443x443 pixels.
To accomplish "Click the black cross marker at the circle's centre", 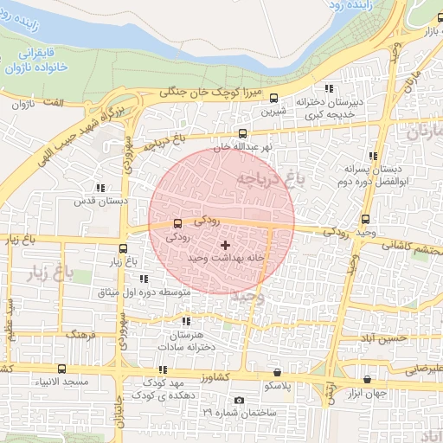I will coord(226,246).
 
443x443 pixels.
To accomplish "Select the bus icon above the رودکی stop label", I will coord(177,222).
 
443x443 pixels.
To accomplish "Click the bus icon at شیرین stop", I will coord(274,99).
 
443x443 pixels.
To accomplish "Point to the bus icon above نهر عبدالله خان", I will coord(242,133).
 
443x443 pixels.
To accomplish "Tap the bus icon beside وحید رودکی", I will coord(365,219).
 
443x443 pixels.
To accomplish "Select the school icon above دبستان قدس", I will coord(100,187).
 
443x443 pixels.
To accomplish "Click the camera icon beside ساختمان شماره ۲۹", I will coord(239,400).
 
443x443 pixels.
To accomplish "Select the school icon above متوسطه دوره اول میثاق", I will coord(144,279).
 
